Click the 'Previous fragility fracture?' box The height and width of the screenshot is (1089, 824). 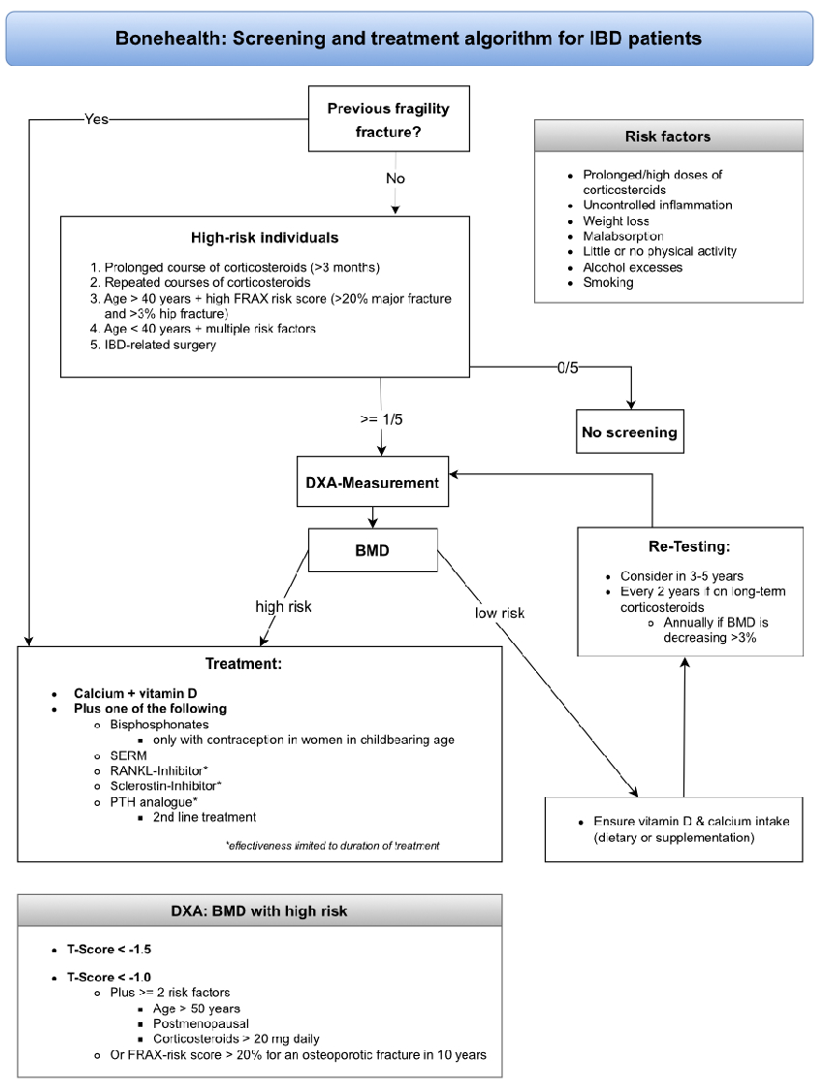[x=389, y=119]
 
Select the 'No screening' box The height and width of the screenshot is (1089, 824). [x=628, y=432]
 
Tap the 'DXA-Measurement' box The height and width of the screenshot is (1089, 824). [x=373, y=482]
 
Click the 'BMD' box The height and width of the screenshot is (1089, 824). [x=372, y=550]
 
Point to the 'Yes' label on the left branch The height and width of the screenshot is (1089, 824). [x=97, y=119]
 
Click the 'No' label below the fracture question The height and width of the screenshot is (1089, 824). [x=395, y=178]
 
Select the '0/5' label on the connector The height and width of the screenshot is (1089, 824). [x=567, y=368]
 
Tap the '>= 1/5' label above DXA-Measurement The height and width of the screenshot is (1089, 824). [x=381, y=420]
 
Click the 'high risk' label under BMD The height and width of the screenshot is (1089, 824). [x=283, y=607]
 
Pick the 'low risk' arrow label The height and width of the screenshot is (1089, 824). [x=499, y=613]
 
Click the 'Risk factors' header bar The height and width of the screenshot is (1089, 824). [x=668, y=137]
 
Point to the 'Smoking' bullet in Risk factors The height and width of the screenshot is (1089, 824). [x=608, y=282]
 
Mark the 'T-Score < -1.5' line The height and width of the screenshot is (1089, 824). [x=109, y=948]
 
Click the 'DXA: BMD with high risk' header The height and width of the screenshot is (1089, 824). [x=259, y=911]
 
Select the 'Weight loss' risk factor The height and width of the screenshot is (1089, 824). [x=616, y=221]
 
